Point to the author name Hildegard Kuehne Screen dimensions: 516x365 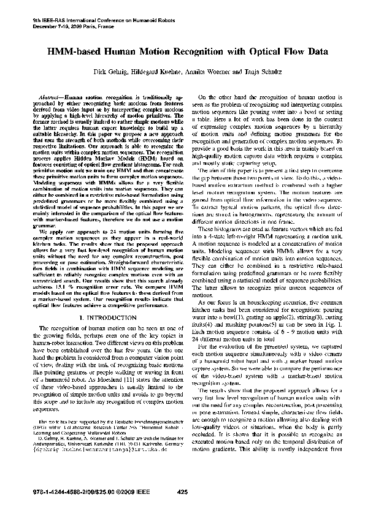tap(158, 73)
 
